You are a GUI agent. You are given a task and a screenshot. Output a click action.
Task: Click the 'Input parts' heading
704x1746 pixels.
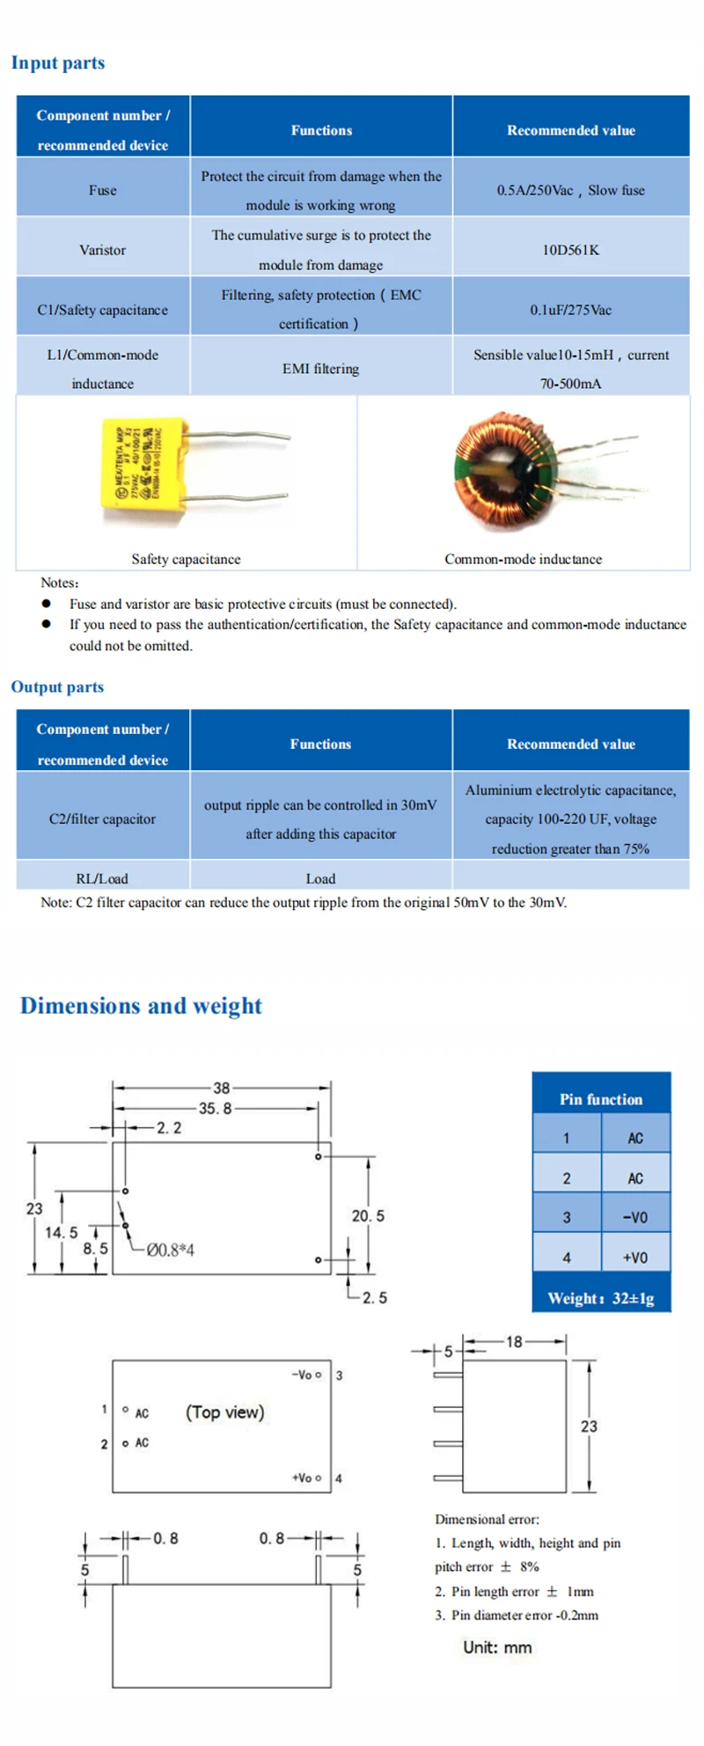coord(58,63)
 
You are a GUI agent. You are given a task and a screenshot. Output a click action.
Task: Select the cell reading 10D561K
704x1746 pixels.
coord(570,250)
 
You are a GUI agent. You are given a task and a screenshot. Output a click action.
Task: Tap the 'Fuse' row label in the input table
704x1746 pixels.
coord(102,190)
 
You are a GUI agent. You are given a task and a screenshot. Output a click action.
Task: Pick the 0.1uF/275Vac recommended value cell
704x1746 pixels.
coord(570,310)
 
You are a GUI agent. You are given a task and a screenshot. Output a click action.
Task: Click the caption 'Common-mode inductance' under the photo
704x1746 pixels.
coord(523,559)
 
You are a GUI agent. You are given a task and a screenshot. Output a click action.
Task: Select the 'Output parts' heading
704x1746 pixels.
coord(57,687)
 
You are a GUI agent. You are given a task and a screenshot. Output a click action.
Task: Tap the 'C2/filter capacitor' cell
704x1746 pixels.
coord(102,819)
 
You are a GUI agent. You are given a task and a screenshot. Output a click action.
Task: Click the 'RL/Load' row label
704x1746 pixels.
coord(102,878)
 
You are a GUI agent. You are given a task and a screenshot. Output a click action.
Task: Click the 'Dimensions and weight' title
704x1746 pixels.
coord(141,1006)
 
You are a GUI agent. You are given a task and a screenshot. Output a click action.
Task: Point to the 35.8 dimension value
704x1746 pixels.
coord(215,1109)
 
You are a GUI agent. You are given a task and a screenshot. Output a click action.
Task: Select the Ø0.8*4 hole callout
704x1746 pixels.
coord(170,1251)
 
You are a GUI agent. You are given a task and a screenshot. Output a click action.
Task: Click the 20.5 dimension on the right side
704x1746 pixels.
coord(368,1216)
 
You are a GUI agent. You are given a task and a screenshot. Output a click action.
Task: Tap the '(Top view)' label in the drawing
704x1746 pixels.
coord(224,1412)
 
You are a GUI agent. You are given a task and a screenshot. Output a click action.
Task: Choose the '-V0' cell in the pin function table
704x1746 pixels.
coord(634,1218)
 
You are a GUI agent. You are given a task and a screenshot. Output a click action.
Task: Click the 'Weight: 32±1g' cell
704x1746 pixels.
coord(601,1299)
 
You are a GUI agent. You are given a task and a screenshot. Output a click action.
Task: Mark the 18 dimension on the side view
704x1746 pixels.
coord(514,1342)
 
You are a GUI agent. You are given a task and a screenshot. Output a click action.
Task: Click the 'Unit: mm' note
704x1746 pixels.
coord(497,1648)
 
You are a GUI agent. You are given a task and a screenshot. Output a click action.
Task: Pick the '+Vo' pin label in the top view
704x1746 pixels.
coord(303,1478)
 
